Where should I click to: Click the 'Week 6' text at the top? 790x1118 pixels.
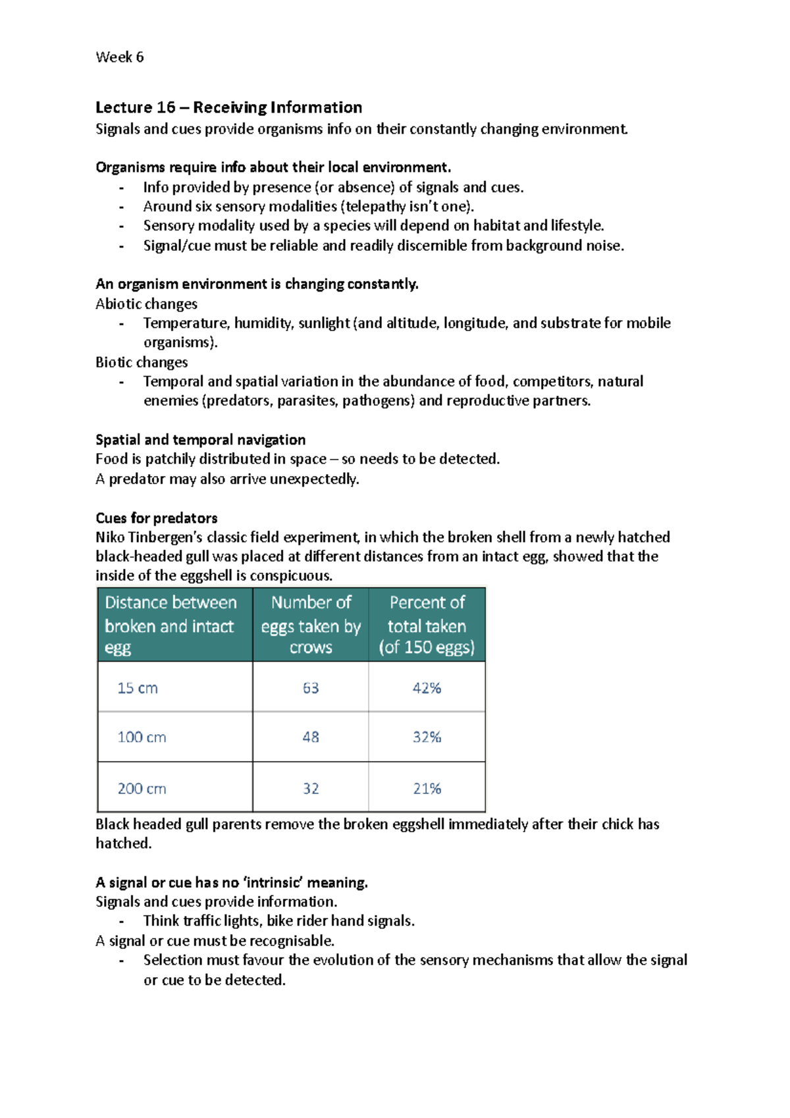[119, 57]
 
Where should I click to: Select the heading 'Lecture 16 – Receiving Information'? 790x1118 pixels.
[228, 107]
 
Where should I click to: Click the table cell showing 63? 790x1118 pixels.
[311, 688]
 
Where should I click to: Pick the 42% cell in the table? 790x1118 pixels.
[427, 688]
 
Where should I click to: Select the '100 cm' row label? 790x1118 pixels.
[142, 737]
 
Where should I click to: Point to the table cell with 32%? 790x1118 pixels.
[427, 737]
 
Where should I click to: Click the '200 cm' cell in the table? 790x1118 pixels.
[142, 788]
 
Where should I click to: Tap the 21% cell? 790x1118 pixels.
[427, 788]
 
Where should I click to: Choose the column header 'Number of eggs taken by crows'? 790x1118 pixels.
[311, 625]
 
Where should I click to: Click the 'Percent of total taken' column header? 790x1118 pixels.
[427, 625]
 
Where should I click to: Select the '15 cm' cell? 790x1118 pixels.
[138, 688]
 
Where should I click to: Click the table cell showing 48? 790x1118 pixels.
[311, 737]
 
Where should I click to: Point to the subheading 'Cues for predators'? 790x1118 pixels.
[157, 518]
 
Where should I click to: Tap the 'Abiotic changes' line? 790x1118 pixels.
[146, 304]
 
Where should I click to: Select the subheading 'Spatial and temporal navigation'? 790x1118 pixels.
[200, 440]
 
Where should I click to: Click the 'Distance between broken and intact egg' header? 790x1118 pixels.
[171, 625]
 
